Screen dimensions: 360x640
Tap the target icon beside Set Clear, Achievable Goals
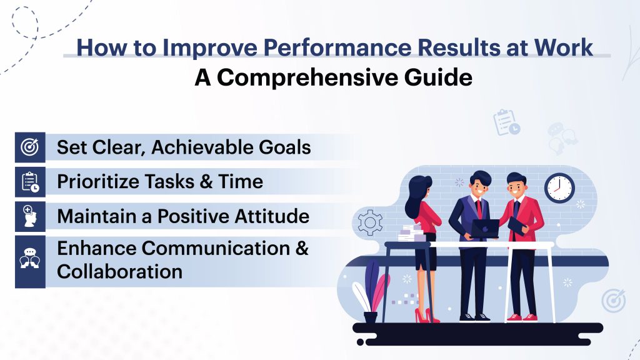coord(29,147)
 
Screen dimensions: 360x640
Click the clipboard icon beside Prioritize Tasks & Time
coord(29,182)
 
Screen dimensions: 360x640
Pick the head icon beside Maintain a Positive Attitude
coord(29,217)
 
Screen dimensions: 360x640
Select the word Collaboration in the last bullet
coord(119,271)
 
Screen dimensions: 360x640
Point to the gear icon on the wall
coord(369,222)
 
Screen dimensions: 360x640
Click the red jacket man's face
coord(516,188)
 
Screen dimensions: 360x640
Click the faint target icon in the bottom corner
coord(613,301)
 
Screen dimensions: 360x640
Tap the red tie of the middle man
coord(477,208)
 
